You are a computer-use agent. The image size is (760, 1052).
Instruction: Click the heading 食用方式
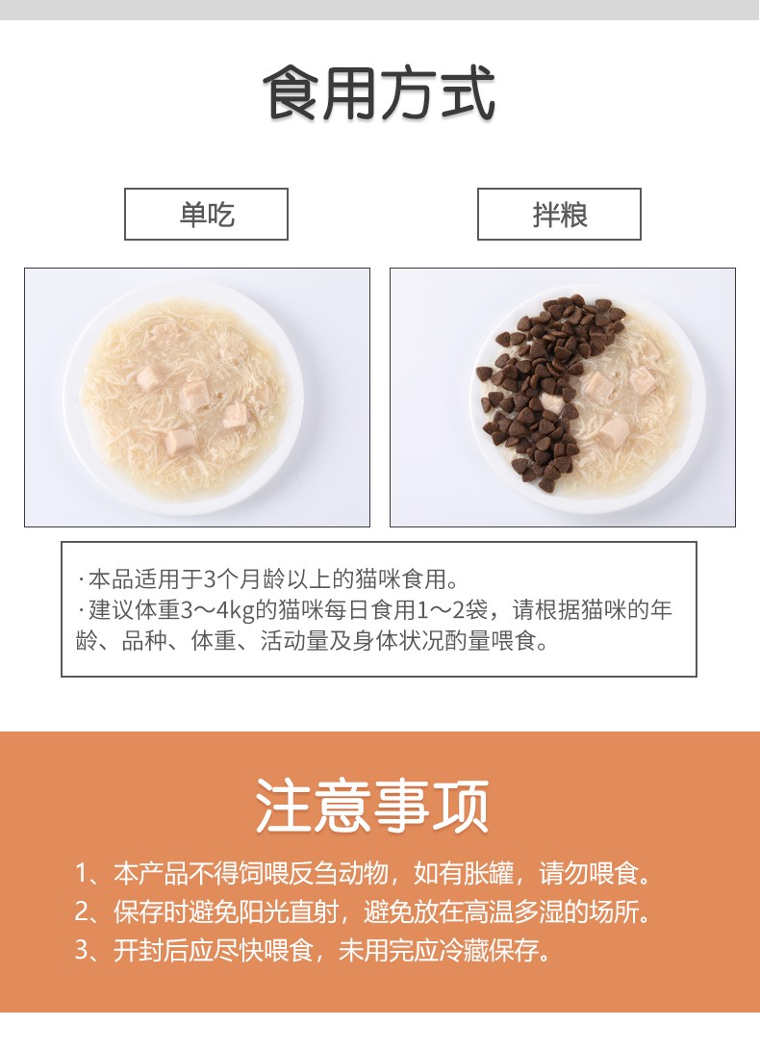[x=379, y=93]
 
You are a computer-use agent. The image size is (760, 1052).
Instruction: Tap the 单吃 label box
[x=206, y=214]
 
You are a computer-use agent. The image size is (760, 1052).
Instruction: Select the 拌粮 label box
[x=559, y=214]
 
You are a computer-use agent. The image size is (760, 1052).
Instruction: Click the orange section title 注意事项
[x=372, y=806]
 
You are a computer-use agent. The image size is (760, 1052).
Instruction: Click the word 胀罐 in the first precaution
[x=489, y=873]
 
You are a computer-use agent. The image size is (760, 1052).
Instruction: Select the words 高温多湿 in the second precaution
[x=514, y=911]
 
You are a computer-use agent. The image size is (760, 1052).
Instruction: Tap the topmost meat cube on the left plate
[x=149, y=377]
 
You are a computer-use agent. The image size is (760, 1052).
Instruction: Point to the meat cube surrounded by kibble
[x=551, y=402]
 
